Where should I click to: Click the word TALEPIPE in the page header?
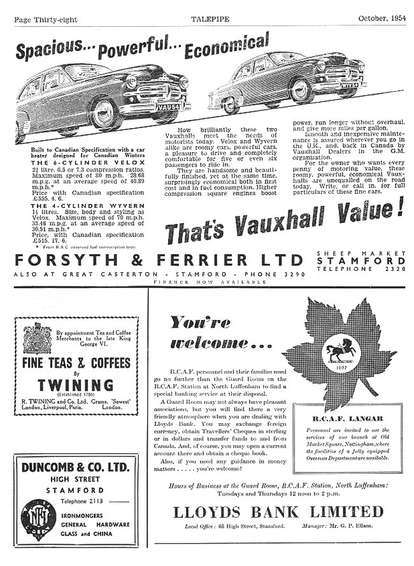(x=208, y=19)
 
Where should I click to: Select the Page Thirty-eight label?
(x=46, y=20)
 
